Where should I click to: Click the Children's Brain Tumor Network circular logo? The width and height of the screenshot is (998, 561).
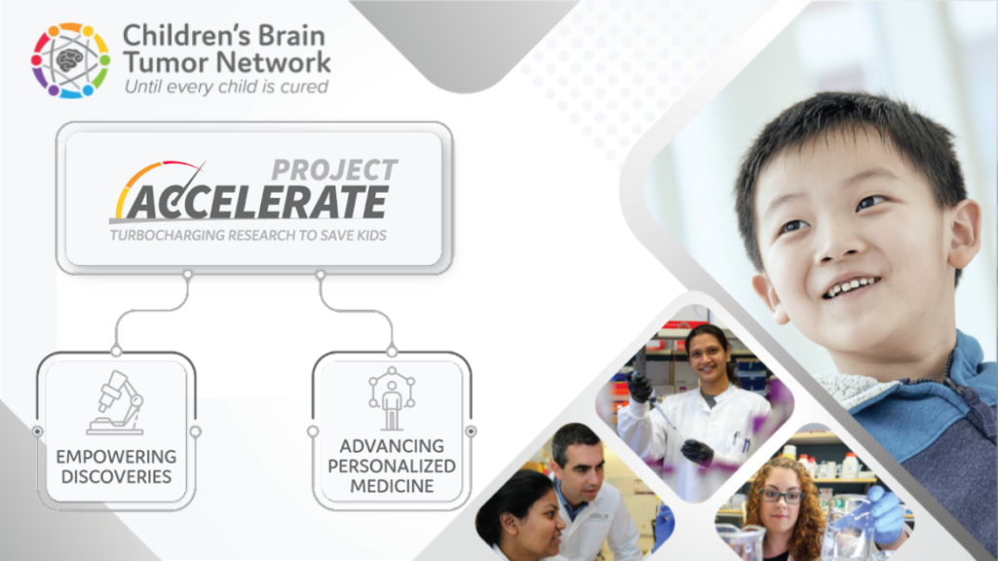69,60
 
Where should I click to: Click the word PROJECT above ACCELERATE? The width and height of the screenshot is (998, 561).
334,168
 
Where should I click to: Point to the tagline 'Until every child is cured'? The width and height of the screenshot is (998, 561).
226,87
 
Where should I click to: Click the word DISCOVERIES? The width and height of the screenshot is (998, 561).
115,477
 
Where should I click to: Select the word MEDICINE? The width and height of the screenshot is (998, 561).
392,486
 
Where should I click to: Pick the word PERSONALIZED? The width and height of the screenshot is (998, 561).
392,466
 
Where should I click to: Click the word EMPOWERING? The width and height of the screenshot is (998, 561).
116,456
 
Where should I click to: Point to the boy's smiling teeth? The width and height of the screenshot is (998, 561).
851,287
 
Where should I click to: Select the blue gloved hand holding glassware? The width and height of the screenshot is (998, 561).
883,512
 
